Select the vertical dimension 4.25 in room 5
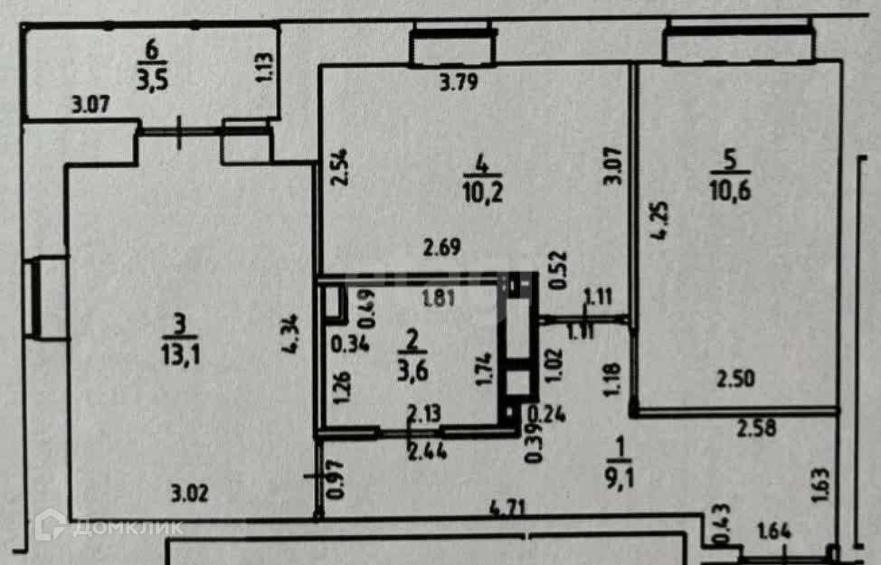point(662,222)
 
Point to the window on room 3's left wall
point(47,297)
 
